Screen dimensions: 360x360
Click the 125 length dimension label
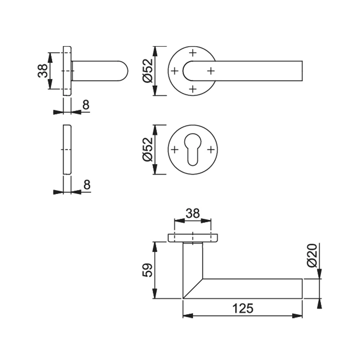point(243,308)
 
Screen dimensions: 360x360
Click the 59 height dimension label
point(148,270)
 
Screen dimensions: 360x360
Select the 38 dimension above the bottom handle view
point(192,213)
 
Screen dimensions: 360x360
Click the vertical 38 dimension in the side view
point(42,71)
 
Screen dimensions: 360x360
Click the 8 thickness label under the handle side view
point(86,105)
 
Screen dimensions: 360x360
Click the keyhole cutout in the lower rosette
point(193,152)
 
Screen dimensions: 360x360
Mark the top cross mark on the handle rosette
point(193,53)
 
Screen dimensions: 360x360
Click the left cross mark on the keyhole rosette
point(175,149)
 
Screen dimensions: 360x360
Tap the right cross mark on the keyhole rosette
point(211,149)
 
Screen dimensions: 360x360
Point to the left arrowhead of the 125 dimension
point(186,316)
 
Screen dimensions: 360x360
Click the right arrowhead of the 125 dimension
point(298,316)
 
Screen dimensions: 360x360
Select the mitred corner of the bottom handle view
point(193,288)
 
